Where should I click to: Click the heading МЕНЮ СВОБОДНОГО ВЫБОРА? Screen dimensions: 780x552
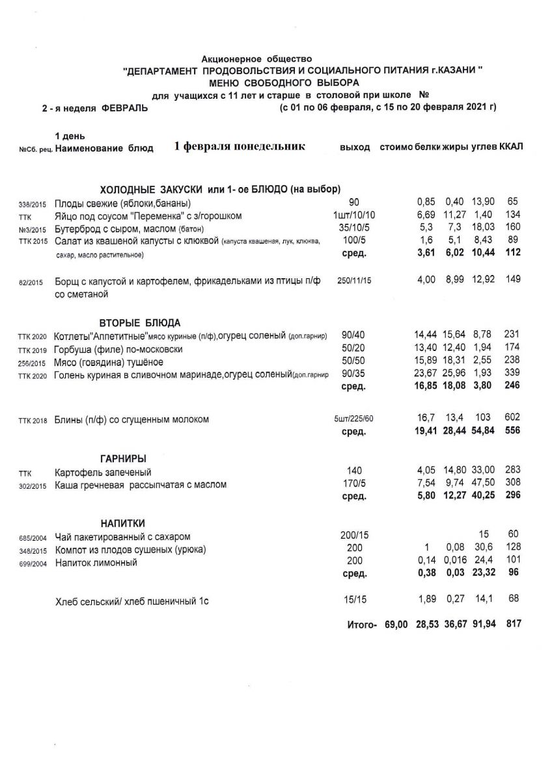(x=284, y=83)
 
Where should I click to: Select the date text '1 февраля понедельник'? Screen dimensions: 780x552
(x=240, y=147)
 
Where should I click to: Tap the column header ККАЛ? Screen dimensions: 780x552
(x=512, y=148)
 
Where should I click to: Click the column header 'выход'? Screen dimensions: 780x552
(x=355, y=148)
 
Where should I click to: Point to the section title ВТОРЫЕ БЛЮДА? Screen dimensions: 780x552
(x=140, y=323)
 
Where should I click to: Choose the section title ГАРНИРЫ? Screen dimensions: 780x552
(x=122, y=459)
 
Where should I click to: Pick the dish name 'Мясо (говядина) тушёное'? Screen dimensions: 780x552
(x=109, y=362)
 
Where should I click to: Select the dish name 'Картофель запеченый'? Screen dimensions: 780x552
(x=103, y=473)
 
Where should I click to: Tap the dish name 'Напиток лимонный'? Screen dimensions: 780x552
(x=96, y=562)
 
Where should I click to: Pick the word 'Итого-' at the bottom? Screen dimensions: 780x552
(x=363, y=625)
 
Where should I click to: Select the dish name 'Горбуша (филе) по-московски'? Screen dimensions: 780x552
(x=119, y=349)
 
